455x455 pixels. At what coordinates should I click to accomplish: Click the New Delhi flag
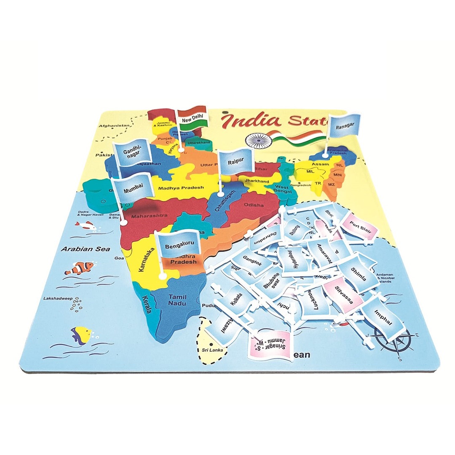pos(192,118)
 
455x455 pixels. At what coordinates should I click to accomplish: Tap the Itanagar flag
pos(343,125)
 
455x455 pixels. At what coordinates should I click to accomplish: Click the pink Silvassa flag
pos(343,294)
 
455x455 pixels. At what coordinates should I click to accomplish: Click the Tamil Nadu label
pos(177,300)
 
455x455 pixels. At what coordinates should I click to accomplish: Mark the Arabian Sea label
pos(80,249)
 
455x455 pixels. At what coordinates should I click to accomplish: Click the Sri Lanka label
pos(212,350)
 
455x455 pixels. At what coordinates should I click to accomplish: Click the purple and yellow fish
pos(81,335)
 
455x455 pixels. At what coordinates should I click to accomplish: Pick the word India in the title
pos(251,120)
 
